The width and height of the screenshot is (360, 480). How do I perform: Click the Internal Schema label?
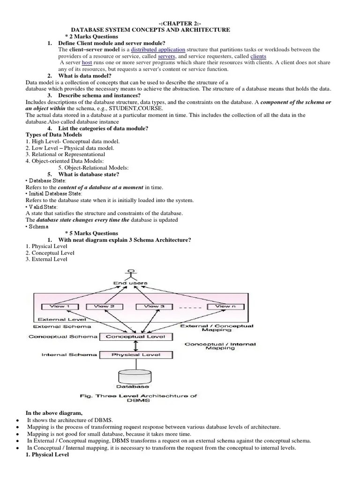(69, 355)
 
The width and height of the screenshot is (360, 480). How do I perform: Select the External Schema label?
(62, 326)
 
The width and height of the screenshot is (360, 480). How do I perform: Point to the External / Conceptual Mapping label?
(217, 328)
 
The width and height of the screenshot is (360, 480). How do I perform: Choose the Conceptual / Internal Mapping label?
(220, 346)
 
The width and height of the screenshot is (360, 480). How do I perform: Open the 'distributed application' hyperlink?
(158, 50)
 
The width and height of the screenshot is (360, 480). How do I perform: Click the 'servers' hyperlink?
(167, 56)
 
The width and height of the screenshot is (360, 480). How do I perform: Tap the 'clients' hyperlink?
(258, 56)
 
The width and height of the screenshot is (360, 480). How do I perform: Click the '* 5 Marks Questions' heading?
(91, 233)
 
